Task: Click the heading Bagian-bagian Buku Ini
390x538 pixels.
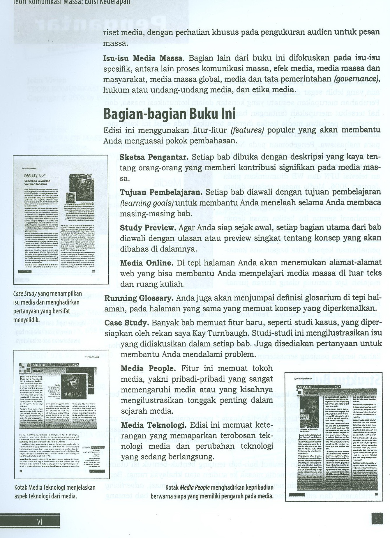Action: (169, 114)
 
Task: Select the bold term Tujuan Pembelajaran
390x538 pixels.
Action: (161, 192)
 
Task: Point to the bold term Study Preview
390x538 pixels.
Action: (148, 228)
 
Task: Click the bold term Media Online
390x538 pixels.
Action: (147, 263)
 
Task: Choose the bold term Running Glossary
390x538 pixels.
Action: (139, 298)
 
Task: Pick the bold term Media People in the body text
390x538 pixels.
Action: (148, 369)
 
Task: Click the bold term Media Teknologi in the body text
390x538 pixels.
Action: (153, 425)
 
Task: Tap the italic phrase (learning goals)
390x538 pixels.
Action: (147, 203)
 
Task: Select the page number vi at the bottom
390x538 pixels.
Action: (40, 522)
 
